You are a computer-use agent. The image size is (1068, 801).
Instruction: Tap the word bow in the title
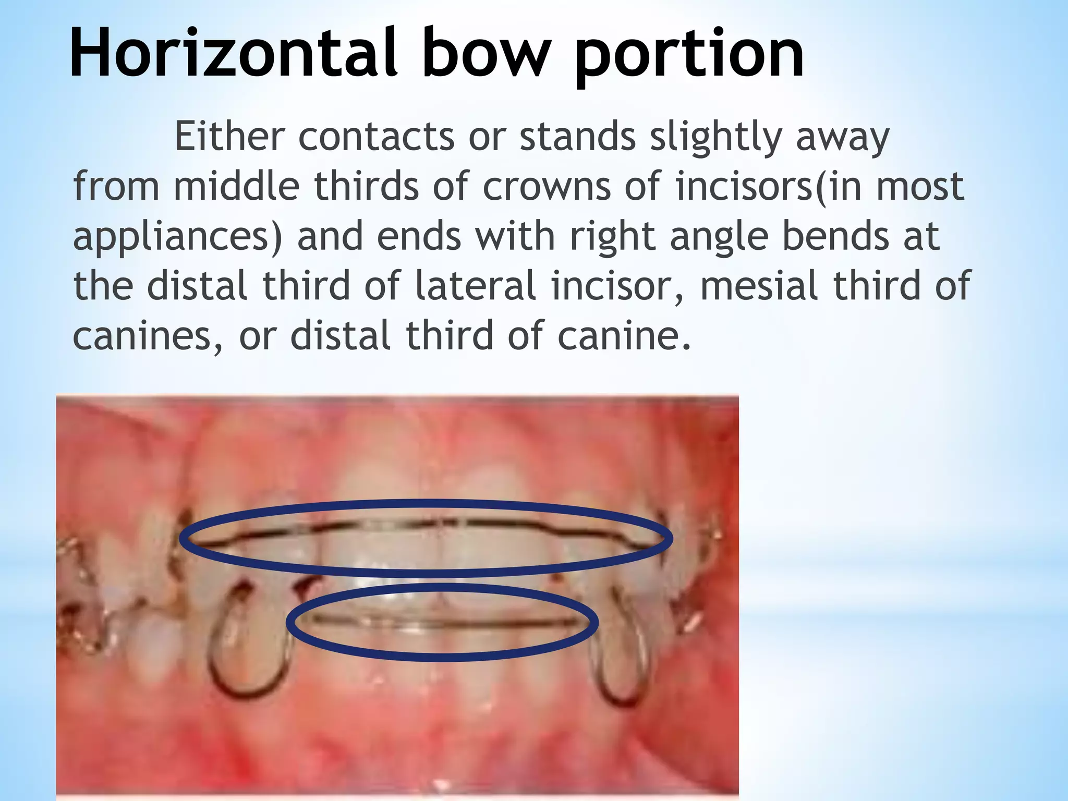[x=486, y=53]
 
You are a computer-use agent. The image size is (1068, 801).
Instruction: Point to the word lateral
[x=476, y=285]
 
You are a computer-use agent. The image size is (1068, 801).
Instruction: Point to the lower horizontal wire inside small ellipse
[x=443, y=622]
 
